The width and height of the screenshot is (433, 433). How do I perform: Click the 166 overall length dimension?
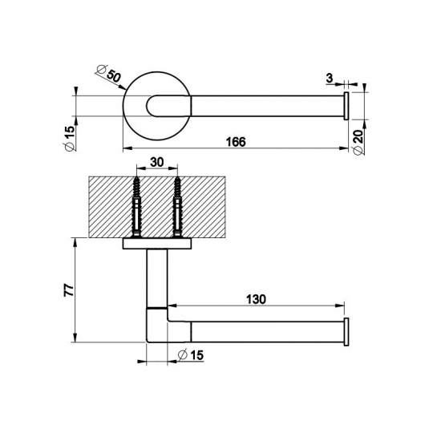[236, 142]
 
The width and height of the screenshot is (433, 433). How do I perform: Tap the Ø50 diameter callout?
[109, 73]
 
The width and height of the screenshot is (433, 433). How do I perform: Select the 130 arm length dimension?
[256, 299]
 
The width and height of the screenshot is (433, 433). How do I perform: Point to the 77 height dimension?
[69, 290]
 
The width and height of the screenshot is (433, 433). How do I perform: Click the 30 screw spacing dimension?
[157, 162]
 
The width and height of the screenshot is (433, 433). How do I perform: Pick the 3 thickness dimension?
[330, 78]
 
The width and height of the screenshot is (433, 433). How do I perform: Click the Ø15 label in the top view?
[70, 138]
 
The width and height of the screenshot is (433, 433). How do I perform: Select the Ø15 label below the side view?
[191, 355]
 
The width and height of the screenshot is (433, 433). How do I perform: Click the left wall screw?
[136, 207]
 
